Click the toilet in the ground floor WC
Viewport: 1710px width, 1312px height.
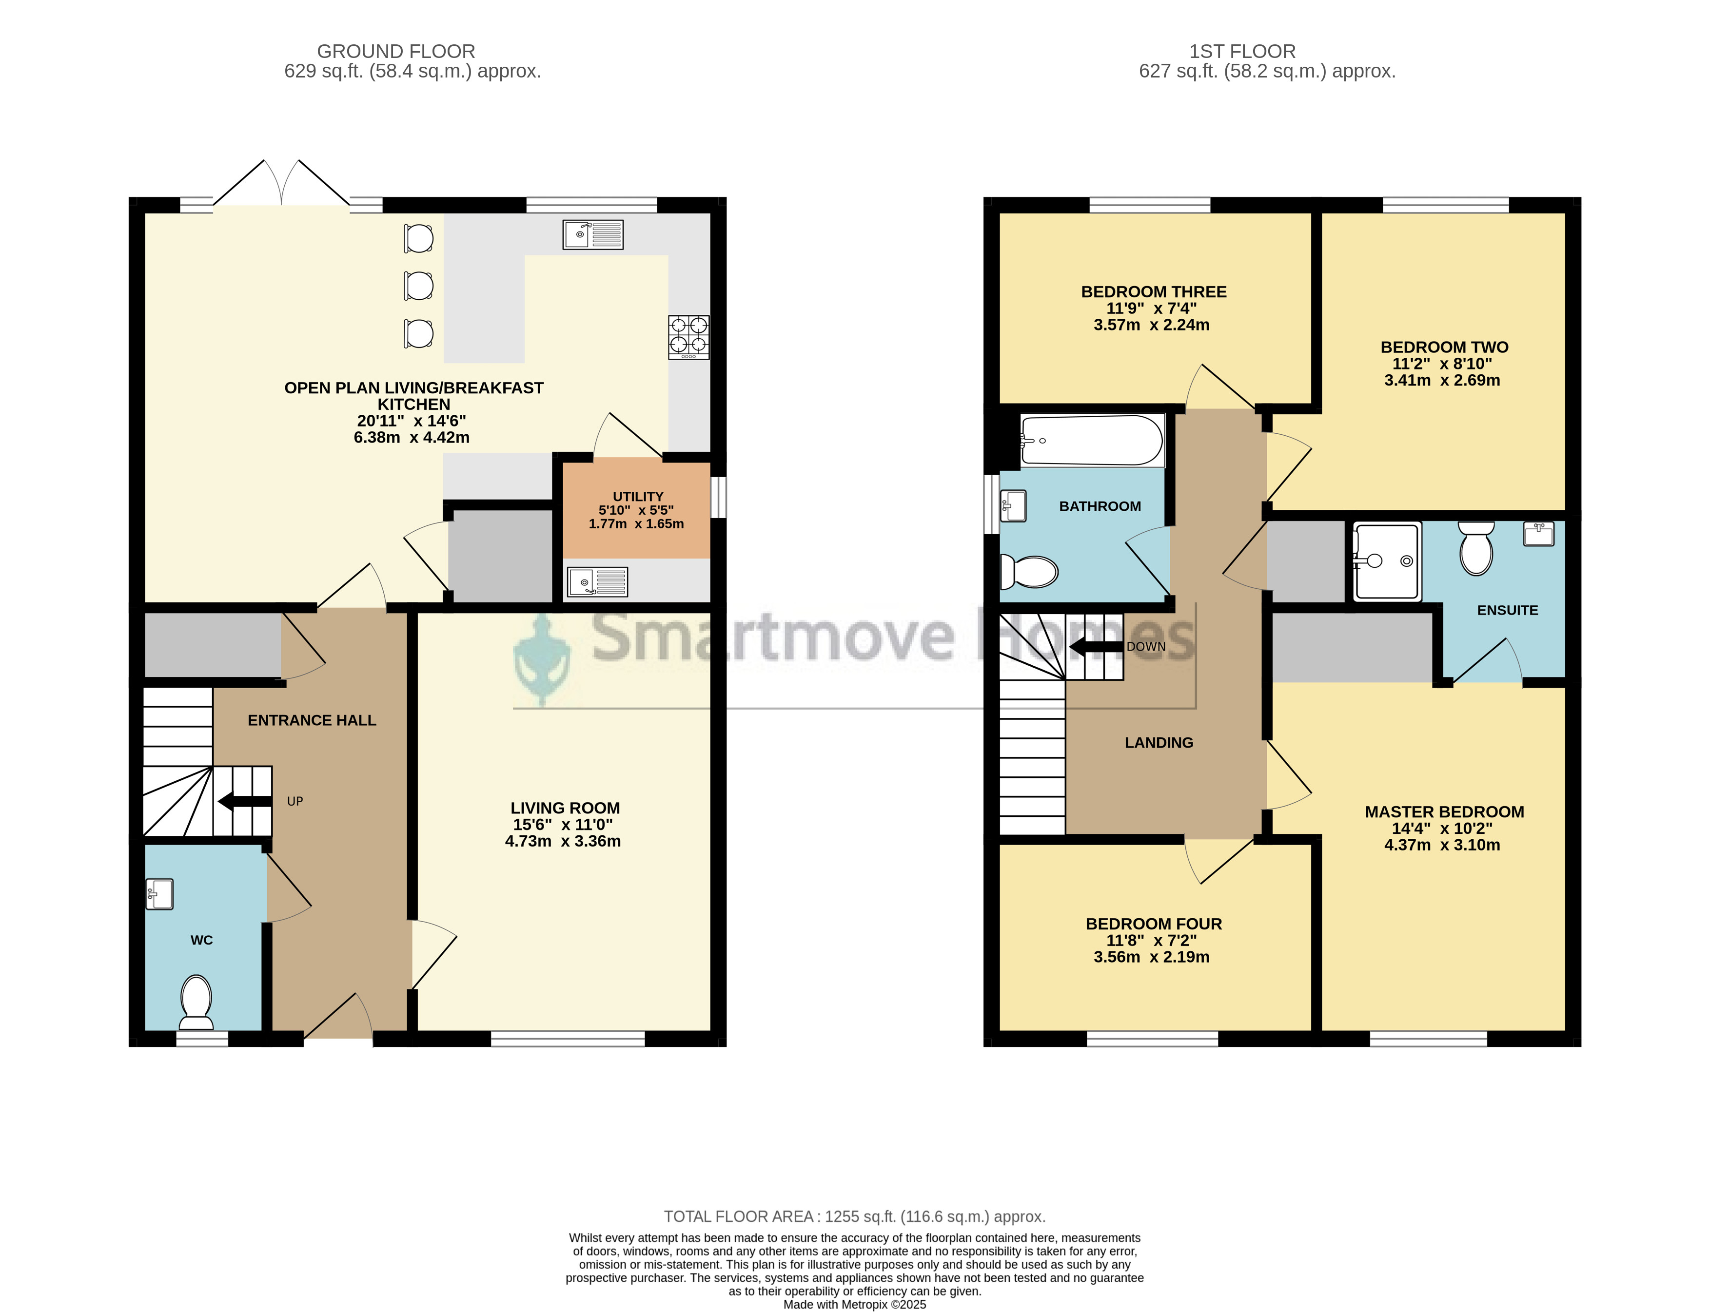(x=196, y=1003)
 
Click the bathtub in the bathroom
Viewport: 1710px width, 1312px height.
(x=1093, y=441)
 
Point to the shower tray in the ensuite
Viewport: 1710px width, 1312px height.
(x=1387, y=561)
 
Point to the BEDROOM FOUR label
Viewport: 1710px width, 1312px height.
(x=1154, y=924)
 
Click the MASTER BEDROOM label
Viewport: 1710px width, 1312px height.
(x=1444, y=812)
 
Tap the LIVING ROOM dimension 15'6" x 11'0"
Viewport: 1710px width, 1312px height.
(x=563, y=825)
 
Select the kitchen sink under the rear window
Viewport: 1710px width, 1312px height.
(x=593, y=234)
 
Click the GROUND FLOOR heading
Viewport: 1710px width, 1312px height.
(x=396, y=52)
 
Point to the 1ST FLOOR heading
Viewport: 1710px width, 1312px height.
(x=1242, y=52)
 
